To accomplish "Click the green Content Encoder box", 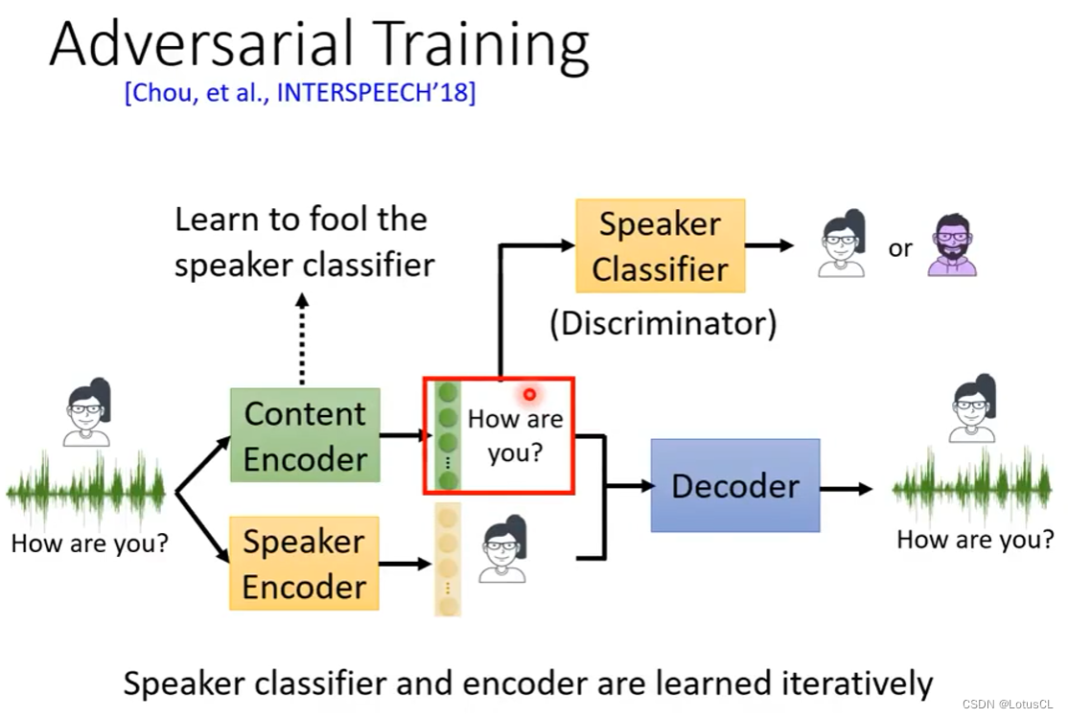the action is click(x=305, y=435).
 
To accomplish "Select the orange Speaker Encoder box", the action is click(x=304, y=564).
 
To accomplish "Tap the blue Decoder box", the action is click(x=735, y=485).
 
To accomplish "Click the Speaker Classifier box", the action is click(x=660, y=245).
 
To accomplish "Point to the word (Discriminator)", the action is click(x=662, y=323).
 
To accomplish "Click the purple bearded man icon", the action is click(x=952, y=245).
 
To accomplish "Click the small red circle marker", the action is click(x=529, y=394).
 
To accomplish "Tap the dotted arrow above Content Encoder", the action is click(x=303, y=331).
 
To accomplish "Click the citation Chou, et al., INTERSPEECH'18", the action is click(x=300, y=94).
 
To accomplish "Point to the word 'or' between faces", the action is click(x=899, y=248).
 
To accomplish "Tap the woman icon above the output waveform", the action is click(x=972, y=409).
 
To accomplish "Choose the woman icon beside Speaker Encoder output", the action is click(x=503, y=549).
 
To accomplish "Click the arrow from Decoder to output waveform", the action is click(x=847, y=489).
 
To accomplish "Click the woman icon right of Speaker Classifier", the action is click(x=843, y=245).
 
